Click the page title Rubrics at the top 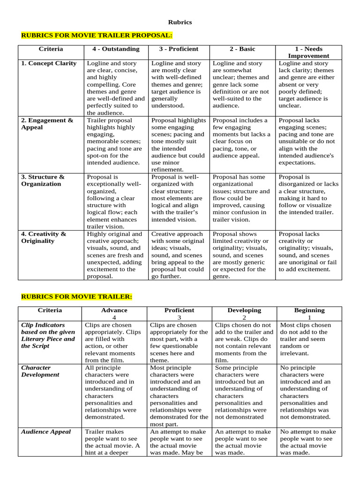pos(180,22)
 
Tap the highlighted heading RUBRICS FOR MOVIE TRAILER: pos(77,297)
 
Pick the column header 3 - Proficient pos(178,49)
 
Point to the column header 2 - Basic pos(242,49)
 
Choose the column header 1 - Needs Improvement pos(308,52)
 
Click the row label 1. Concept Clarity pos(49,63)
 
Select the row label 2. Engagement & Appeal pos(47,124)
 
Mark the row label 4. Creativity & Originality pos(44,237)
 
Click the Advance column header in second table pos(114,314)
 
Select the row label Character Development pos(40,371)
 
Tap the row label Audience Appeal pos(46,432)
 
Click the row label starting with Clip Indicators pos(48,335)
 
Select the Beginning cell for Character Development pos(308,392)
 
